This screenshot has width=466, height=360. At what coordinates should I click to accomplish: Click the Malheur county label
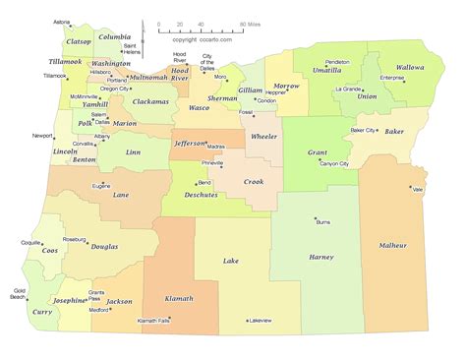click(x=392, y=245)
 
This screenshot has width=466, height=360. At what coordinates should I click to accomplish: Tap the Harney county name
click(x=321, y=257)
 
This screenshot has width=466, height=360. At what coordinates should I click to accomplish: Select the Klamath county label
click(x=178, y=298)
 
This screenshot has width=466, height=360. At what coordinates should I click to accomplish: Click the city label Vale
click(x=417, y=189)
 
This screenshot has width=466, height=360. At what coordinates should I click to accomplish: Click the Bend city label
click(x=204, y=182)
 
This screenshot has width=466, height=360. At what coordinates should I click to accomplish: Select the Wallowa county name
click(x=419, y=69)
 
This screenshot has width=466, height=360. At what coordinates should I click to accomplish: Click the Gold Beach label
click(x=19, y=293)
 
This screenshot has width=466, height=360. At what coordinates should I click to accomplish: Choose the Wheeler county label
click(x=264, y=136)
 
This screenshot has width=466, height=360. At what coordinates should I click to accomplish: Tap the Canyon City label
click(x=340, y=164)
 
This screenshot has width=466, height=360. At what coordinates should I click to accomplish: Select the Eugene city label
click(x=100, y=185)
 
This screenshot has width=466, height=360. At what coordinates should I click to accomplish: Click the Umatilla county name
click(x=327, y=71)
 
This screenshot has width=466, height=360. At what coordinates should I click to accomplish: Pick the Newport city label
click(x=42, y=135)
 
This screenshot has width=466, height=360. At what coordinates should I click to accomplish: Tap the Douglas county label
click(x=104, y=247)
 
